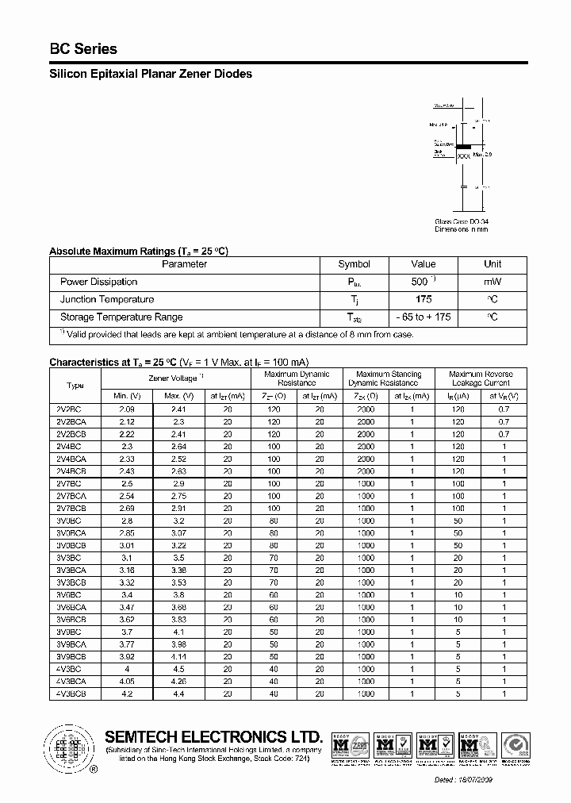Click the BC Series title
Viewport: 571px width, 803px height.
point(83,49)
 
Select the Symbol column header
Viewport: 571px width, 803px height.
point(354,264)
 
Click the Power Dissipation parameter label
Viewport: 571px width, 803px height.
point(98,282)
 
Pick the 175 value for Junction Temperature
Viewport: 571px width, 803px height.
point(423,299)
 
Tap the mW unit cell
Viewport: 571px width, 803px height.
point(492,282)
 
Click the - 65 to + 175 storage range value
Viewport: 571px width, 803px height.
point(423,317)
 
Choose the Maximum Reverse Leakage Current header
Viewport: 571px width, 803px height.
point(481,378)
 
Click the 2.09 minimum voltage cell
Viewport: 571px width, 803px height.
point(126,409)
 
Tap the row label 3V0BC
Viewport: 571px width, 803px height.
point(75,521)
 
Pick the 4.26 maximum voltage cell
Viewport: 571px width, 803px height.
point(178,680)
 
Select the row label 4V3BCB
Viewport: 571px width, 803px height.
point(75,693)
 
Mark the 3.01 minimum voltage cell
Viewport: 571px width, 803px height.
point(126,546)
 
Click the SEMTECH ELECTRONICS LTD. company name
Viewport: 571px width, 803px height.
point(214,737)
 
